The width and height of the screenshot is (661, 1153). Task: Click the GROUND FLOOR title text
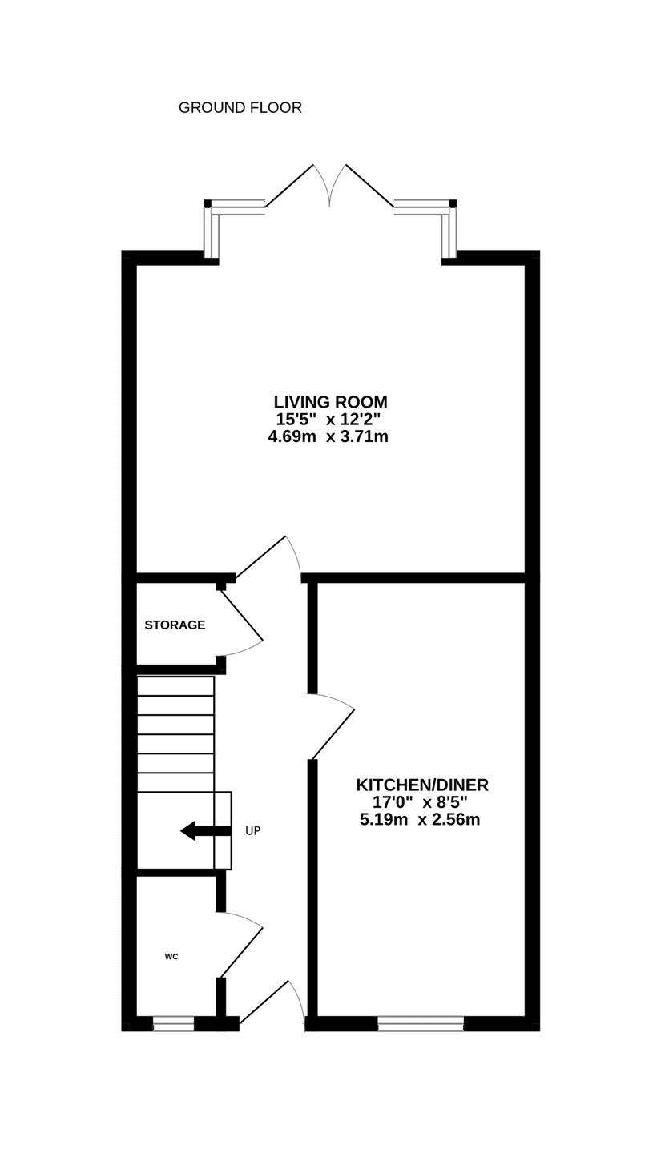[x=240, y=108]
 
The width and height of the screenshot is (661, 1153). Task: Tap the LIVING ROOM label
[x=330, y=401]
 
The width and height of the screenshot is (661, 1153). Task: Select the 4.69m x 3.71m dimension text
[x=328, y=437]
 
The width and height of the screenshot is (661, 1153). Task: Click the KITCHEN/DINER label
[x=422, y=785]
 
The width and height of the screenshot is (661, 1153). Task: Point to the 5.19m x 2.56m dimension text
[x=420, y=819]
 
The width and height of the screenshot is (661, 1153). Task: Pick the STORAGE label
[x=175, y=625]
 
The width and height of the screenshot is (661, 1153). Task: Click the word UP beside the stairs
[x=253, y=831]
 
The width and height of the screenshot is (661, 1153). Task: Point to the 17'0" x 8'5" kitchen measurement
[x=420, y=802]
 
